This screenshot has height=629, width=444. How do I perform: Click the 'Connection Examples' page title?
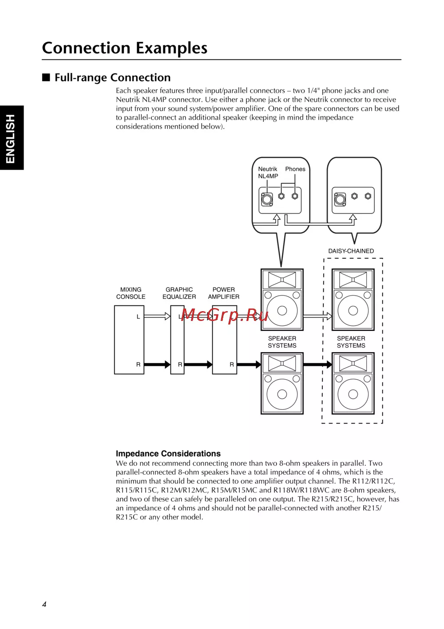pos(125,48)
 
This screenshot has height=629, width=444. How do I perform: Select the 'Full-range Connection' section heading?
pos(112,78)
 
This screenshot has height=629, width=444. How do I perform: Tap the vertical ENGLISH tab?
pos(11,138)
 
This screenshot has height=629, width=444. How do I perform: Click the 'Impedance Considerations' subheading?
pos(168,453)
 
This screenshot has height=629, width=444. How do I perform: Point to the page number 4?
pos(44,604)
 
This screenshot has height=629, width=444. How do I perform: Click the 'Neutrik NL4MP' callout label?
pos(268,172)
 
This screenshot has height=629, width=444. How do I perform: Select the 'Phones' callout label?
pos(295,169)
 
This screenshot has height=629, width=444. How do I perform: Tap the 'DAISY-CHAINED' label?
pos(351,251)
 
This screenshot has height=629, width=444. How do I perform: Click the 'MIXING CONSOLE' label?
pos(131,293)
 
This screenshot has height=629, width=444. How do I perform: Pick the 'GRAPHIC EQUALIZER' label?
pos(179,293)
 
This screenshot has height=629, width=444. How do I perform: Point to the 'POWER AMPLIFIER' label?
pos(223,293)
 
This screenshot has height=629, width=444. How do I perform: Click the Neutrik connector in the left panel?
pos(267,199)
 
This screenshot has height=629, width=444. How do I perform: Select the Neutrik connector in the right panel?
pos(340,199)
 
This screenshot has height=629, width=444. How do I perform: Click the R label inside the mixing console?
pos(138,365)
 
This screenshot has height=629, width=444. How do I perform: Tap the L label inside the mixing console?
pos(138,317)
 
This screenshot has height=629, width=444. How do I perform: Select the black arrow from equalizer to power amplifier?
pos(198,365)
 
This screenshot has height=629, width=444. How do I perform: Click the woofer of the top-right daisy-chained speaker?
pos(353,310)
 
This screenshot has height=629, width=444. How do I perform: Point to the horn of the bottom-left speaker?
pos(282,364)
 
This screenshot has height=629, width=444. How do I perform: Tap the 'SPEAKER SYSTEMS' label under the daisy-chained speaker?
pos(351,342)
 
